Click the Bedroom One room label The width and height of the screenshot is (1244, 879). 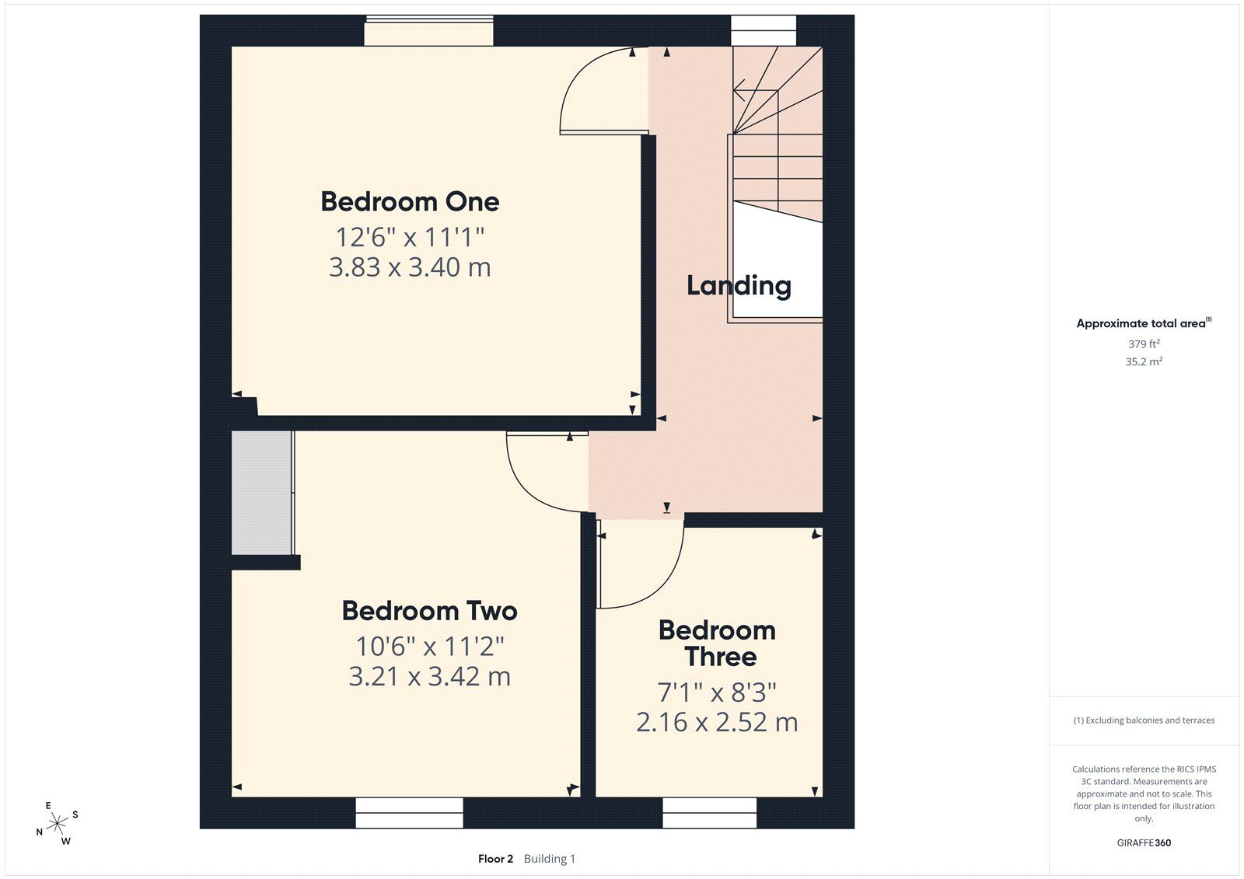pyautogui.click(x=410, y=201)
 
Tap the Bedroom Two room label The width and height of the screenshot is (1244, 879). pyautogui.click(x=429, y=611)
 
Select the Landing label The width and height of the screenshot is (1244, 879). pyautogui.click(x=739, y=287)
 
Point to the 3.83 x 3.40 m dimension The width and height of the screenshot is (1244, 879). pyautogui.click(x=410, y=267)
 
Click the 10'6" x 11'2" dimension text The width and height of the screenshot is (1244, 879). pyautogui.click(x=429, y=647)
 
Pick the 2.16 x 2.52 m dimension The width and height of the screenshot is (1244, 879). pyautogui.click(x=717, y=723)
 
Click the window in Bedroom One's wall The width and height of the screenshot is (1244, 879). pyautogui.click(x=428, y=31)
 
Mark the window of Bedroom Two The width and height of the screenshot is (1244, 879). pyautogui.click(x=409, y=813)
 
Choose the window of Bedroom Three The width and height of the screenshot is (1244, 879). pyautogui.click(x=709, y=813)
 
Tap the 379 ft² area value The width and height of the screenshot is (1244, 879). pyautogui.click(x=1144, y=344)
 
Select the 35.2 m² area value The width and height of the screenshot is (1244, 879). pyautogui.click(x=1144, y=361)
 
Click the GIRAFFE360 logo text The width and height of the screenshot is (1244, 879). pyautogui.click(x=1144, y=843)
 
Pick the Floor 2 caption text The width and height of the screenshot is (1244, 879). pyautogui.click(x=495, y=859)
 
